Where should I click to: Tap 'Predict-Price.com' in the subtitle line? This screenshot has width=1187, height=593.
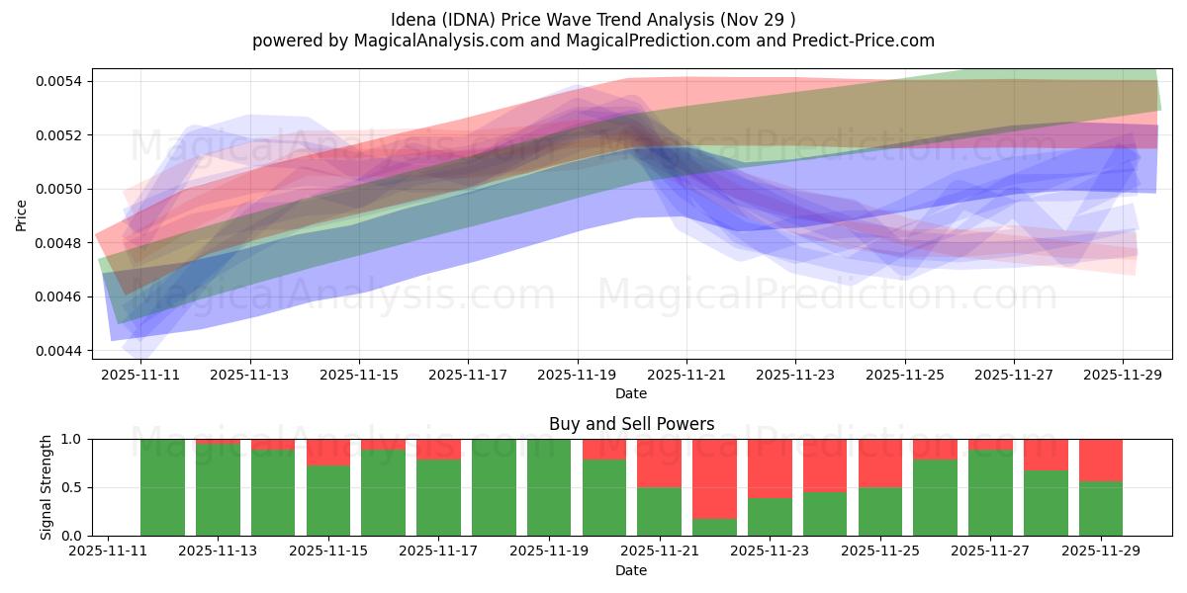853,41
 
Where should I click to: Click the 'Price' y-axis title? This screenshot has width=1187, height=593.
22,213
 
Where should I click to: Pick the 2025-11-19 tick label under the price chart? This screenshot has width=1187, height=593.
577,376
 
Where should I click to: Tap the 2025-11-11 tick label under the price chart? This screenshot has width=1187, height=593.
140,376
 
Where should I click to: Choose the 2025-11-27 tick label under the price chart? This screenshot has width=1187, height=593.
1013,376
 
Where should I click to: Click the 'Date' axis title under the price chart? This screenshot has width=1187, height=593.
631,393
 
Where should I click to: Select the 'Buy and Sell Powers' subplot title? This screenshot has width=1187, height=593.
631,424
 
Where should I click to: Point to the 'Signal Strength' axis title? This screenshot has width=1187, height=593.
46,487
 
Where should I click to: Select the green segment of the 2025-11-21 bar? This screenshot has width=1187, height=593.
659,511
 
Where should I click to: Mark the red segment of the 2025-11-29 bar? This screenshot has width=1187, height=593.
1100,460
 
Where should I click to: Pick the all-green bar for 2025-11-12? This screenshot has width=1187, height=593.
162,487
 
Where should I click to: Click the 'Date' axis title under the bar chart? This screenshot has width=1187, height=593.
631,570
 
